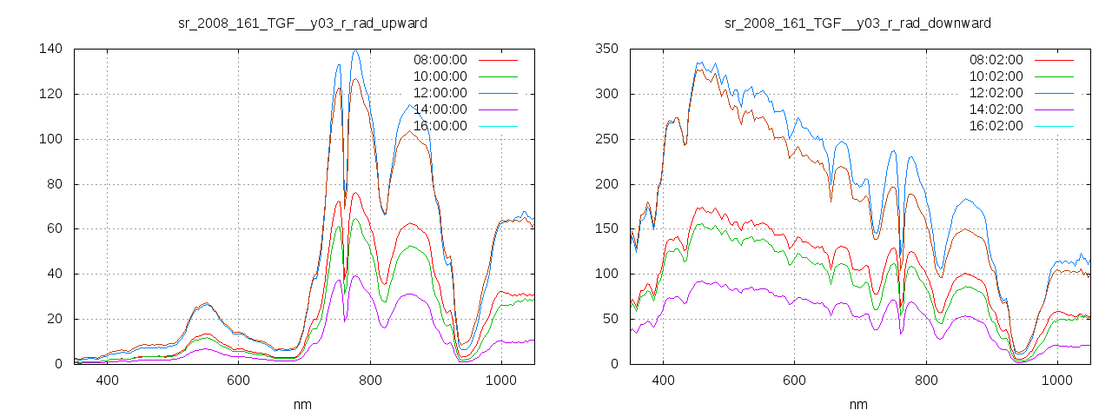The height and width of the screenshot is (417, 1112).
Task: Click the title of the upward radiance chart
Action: click(x=302, y=23)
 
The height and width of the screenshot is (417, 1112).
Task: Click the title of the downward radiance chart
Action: click(x=857, y=23)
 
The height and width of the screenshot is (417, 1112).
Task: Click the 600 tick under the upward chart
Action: click(x=239, y=381)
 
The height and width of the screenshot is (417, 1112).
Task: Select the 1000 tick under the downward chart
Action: click(x=1056, y=381)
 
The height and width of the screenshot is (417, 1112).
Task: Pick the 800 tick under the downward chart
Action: click(x=925, y=381)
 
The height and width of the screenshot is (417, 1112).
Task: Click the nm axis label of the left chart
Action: click(x=302, y=405)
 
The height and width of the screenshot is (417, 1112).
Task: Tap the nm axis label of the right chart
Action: click(x=858, y=405)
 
